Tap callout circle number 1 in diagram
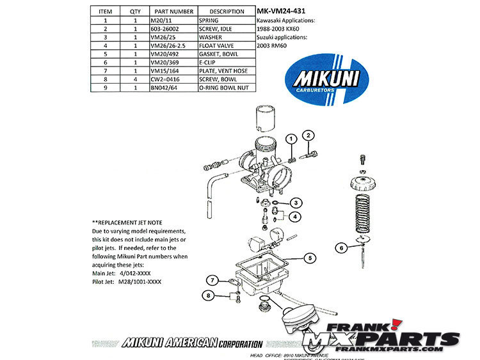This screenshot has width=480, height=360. tap(291, 138)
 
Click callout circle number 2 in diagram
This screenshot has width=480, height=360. tap(308, 135)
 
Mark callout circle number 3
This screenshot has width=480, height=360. tap(296, 203)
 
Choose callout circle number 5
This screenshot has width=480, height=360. tap(309, 258)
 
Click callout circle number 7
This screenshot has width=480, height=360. tap(211, 279)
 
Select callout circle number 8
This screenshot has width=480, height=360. tap(209, 295)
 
